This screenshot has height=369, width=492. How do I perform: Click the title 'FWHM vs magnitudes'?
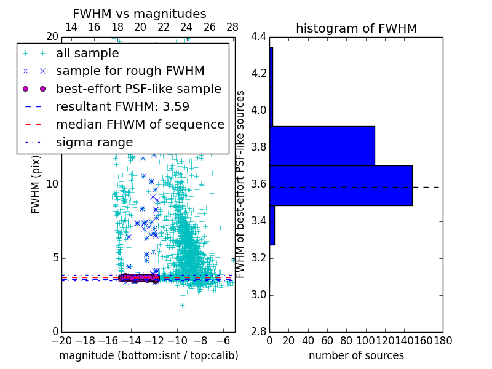point(140,14)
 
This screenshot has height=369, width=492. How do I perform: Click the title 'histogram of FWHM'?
point(356,28)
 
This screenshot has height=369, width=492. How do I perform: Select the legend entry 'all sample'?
point(87,54)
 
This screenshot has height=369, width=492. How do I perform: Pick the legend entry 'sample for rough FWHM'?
point(130,71)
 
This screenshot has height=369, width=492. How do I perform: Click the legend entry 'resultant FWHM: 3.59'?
point(122,106)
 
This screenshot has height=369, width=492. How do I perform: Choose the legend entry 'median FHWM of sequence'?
point(140,124)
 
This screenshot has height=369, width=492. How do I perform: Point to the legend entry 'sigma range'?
point(94,142)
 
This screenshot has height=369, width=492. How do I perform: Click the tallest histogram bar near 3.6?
point(341,186)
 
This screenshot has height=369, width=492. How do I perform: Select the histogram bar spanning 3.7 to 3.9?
point(322,146)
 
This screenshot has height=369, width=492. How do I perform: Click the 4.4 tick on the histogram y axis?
point(259,37)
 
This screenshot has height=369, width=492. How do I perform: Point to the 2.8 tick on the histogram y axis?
point(259,331)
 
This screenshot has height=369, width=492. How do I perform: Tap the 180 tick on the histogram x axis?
point(443,340)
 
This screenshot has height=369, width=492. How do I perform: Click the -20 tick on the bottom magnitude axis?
point(61,340)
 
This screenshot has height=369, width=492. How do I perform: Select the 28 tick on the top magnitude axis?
point(232,27)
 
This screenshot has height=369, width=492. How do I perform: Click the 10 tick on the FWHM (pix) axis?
point(53,184)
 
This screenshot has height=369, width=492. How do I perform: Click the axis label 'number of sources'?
point(356,355)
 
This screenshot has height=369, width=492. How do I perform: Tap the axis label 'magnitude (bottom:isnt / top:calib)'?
point(148,355)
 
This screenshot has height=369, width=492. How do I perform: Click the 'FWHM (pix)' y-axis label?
point(36,184)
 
